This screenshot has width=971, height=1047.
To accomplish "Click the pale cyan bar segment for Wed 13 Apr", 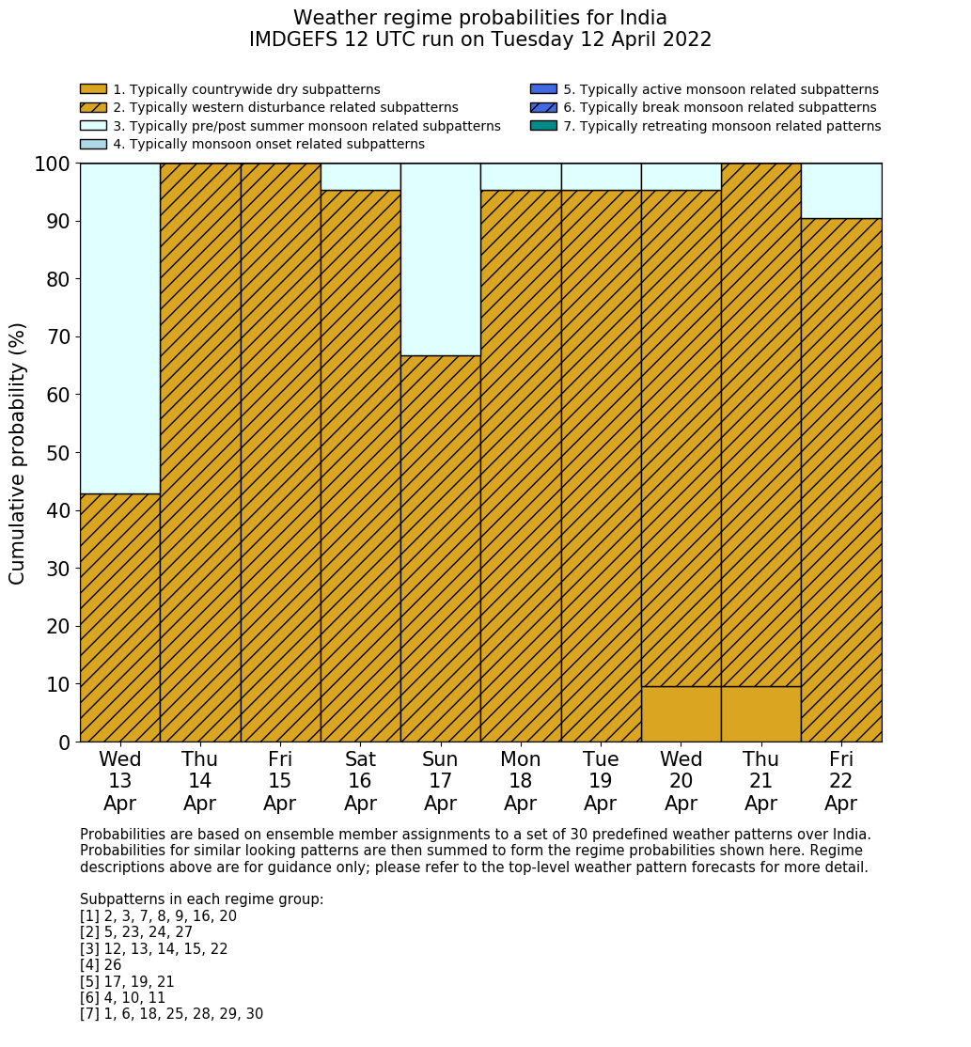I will pyautogui.click(x=119, y=328).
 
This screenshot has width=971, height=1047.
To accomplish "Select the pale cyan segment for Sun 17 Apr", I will pyautogui.click(x=440, y=259).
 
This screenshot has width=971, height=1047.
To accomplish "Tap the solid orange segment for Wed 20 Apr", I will pyautogui.click(x=681, y=714).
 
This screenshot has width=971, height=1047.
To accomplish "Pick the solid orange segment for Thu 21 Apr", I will pyautogui.click(x=760, y=714).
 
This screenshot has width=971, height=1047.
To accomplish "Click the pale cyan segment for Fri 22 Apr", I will pyautogui.click(x=841, y=191).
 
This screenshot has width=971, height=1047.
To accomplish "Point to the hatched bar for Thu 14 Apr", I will pyautogui.click(x=200, y=452).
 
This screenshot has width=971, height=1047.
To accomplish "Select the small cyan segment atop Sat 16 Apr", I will pyautogui.click(x=360, y=177).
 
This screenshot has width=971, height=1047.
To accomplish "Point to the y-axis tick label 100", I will pyautogui.click(x=53, y=164).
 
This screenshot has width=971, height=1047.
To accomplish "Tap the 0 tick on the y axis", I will pyautogui.click(x=64, y=742).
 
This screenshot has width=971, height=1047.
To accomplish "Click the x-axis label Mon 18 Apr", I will pyautogui.click(x=520, y=781).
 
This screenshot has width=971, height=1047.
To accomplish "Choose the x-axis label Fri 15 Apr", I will pyautogui.click(x=280, y=781).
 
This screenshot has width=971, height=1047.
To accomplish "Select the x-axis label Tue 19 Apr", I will pyautogui.click(x=601, y=781).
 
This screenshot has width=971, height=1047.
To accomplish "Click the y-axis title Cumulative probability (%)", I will pyautogui.click(x=18, y=453).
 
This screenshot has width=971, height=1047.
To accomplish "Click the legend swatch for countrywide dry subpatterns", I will pyautogui.click(x=93, y=89).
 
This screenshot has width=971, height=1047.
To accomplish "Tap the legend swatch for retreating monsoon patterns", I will pyautogui.click(x=543, y=126).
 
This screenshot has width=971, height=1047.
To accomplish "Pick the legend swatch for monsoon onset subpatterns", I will pyautogui.click(x=93, y=144).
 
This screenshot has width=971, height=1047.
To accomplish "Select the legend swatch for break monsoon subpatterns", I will pyautogui.click(x=543, y=108).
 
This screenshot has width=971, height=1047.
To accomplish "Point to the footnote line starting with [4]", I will pyautogui.click(x=101, y=965).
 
